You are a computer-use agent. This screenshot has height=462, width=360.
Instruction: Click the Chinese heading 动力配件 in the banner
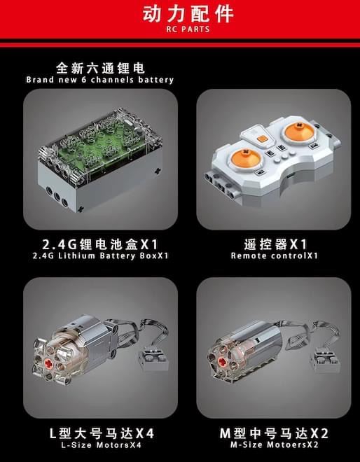188,13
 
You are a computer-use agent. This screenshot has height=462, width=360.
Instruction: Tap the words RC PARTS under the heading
188,29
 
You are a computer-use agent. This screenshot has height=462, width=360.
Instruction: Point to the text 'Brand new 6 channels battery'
100,80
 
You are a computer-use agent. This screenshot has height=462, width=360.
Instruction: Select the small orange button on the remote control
261,139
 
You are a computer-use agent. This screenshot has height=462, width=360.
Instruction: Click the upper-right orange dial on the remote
299,132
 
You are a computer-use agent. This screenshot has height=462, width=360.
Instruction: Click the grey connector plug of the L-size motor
153,360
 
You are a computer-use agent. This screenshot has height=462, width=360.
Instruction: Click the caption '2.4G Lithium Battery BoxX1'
101,255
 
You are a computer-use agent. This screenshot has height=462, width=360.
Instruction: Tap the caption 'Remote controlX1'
274,255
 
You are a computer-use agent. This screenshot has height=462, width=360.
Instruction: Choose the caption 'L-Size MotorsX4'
101,444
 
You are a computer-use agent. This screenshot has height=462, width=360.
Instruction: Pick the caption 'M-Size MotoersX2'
274,444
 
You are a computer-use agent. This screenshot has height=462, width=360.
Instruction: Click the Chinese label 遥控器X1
275,244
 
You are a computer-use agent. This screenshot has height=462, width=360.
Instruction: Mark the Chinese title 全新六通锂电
100,69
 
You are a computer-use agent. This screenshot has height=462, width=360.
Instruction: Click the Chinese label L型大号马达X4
102,433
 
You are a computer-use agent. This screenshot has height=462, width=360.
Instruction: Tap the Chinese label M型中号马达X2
274,433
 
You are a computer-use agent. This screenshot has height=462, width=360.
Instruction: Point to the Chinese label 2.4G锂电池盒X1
100,244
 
